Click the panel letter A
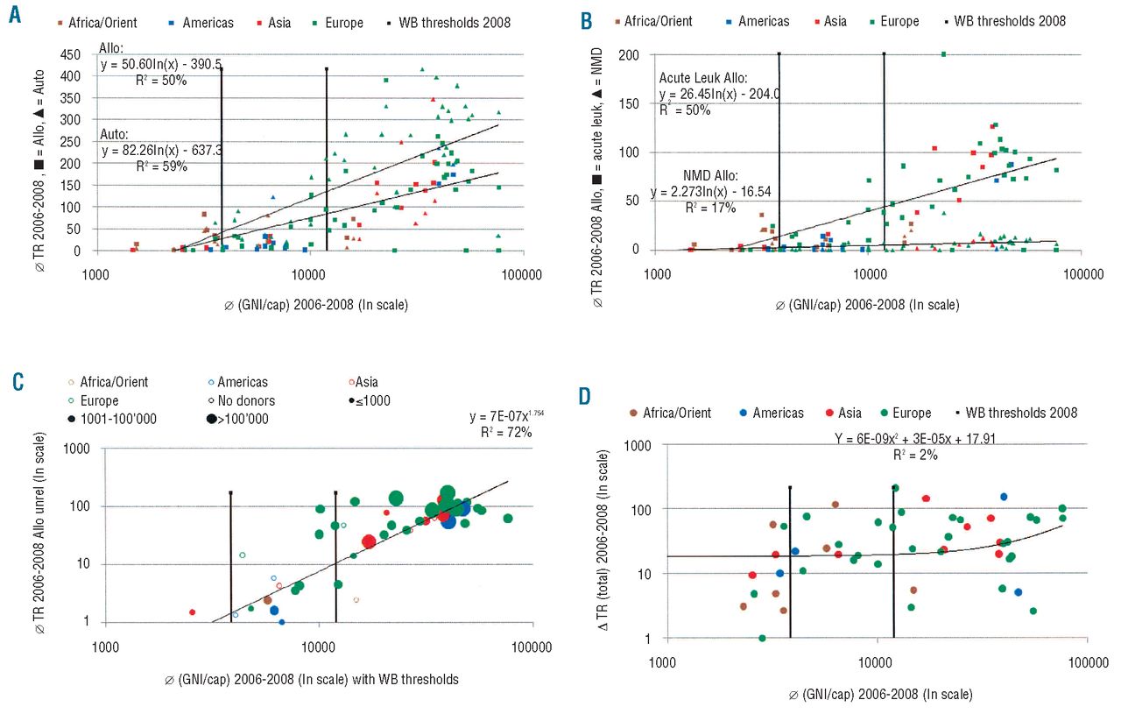[x=15, y=18]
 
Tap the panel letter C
[x=15, y=382]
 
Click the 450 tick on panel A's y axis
[x=71, y=54]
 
